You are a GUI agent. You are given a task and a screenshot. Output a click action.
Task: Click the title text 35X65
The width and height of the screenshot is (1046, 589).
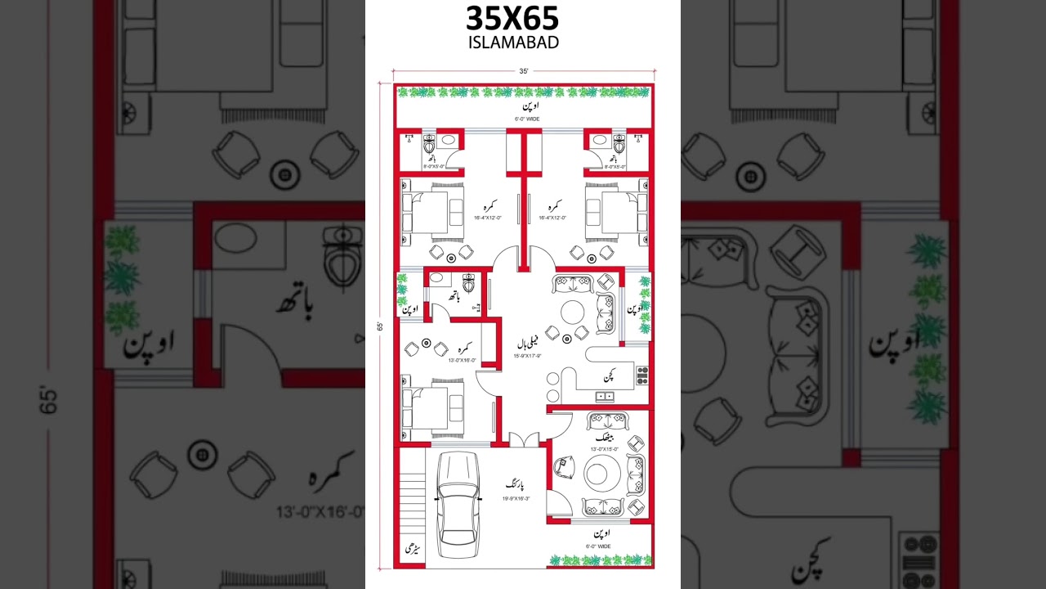coord(512,18)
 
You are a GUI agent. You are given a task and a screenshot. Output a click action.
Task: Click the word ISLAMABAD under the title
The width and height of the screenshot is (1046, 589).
coord(513,43)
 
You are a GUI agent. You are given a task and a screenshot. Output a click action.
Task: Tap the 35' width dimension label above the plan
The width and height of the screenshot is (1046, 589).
coord(523,71)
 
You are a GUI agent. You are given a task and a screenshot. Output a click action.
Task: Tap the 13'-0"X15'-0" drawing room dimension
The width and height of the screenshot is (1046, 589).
coord(606,449)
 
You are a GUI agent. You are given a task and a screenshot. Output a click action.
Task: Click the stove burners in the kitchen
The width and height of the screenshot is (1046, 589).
coord(642,376)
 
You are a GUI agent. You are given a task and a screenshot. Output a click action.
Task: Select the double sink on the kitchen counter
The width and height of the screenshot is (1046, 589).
coord(605,397)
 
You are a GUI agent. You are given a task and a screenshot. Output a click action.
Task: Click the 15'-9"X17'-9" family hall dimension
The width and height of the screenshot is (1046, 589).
coord(527,356)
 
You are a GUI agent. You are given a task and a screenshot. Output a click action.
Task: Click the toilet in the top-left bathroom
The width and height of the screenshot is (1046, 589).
coord(430,146)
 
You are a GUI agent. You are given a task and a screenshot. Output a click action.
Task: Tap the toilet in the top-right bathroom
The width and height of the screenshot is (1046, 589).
coord(619,146)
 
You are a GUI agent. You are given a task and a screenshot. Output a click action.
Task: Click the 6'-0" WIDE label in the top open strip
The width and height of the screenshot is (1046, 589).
coord(527,119)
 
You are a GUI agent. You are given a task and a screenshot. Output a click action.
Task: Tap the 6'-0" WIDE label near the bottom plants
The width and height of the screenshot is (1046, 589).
coord(598,546)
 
